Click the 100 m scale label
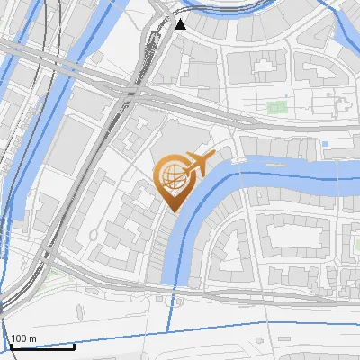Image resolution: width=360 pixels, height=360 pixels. click(23, 338)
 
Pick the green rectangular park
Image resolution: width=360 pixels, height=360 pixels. click(276, 108)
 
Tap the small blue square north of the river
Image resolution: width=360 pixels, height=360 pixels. click(325, 143)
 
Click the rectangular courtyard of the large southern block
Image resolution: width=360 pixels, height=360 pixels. click(292, 236)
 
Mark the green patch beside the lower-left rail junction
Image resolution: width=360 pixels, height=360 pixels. click(54, 273)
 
